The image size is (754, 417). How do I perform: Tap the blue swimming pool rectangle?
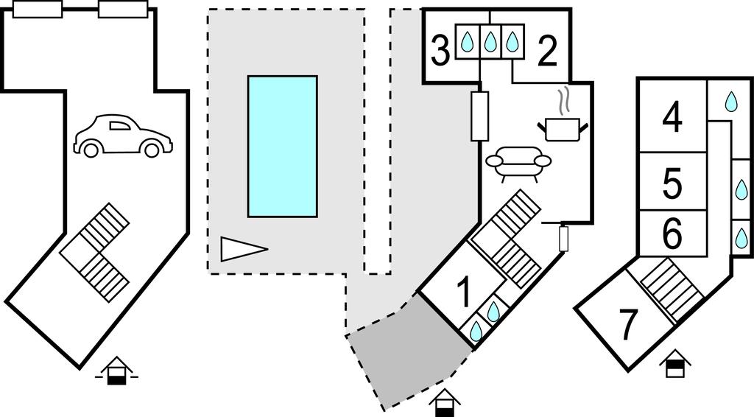[x=282, y=146]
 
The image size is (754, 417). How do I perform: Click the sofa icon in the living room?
[x=518, y=163]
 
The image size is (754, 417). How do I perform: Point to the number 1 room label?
[x=464, y=293]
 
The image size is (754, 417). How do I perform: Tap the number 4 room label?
[x=672, y=118]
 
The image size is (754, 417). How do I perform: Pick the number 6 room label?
[x=672, y=234]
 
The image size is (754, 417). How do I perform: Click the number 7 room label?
[x=627, y=325]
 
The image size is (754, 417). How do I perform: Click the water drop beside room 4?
[x=730, y=102]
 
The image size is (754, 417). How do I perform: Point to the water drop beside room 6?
[x=741, y=236]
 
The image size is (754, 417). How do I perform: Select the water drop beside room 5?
[x=741, y=185]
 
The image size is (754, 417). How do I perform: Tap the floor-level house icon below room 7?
[x=674, y=365]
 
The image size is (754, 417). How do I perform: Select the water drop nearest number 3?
[x=466, y=41]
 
